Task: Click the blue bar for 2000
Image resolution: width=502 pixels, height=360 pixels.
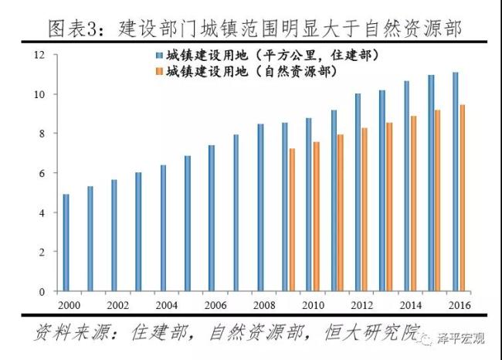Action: click(66, 243)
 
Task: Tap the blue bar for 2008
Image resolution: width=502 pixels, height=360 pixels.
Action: click(260, 208)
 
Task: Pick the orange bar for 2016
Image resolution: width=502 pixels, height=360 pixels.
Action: click(463, 198)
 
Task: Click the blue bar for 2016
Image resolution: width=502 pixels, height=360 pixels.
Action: click(455, 182)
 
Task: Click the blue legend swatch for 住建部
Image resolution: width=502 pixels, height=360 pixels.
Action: click(158, 56)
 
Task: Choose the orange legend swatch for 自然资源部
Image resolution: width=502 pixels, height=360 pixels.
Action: click(158, 70)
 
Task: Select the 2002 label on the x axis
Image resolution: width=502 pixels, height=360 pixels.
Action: click(117, 304)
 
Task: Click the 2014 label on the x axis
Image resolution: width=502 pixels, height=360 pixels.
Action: click(410, 304)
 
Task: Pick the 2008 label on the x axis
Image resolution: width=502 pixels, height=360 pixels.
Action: click(263, 304)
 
